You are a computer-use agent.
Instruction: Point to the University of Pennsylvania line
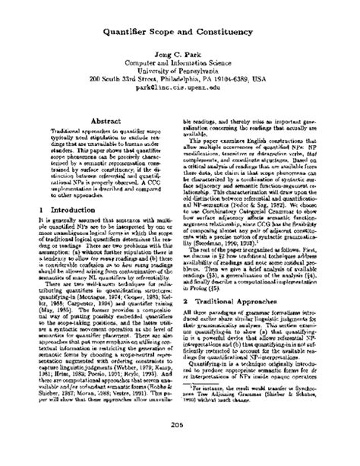point(180,66)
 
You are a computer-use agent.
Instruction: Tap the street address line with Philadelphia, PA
point(180,76)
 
